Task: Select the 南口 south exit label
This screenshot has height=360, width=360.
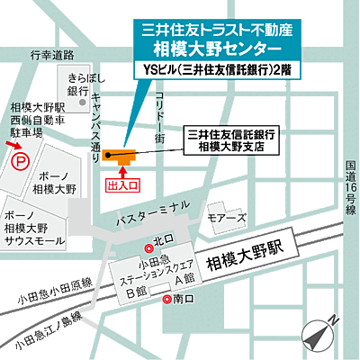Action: click(x=180, y=299)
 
